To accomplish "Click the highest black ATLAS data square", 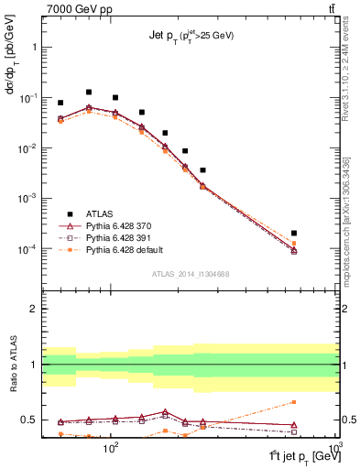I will tap(89, 92).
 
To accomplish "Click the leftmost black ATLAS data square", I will tap(60, 103).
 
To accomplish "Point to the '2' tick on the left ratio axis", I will tap(35, 309).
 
